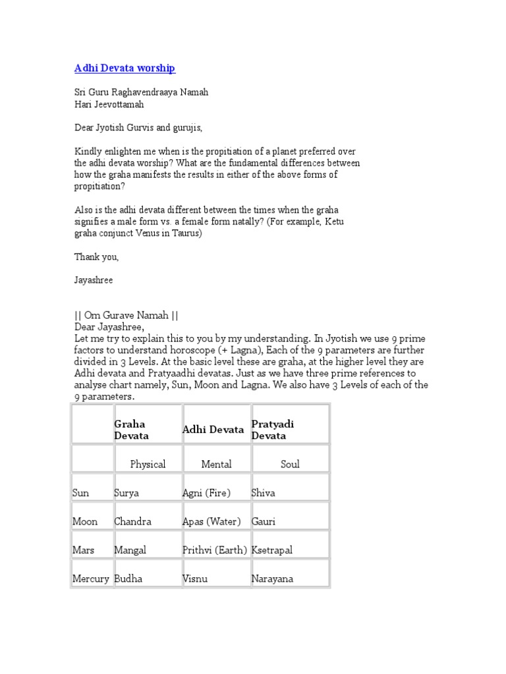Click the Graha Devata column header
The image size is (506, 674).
131,430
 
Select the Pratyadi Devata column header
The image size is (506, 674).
273,430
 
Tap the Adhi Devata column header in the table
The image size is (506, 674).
213,430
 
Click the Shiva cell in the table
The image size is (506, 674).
264,493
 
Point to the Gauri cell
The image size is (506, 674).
264,521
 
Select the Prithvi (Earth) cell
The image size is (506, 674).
215,550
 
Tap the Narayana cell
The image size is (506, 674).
272,579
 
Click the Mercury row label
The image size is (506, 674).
91,579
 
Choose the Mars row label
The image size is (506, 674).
84,550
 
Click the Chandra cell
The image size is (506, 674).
132,521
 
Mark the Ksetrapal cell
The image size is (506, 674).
272,550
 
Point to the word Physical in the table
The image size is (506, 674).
148,464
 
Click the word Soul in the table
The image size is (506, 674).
290,464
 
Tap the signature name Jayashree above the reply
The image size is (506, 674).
94,280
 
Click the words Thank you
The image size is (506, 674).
96,257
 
